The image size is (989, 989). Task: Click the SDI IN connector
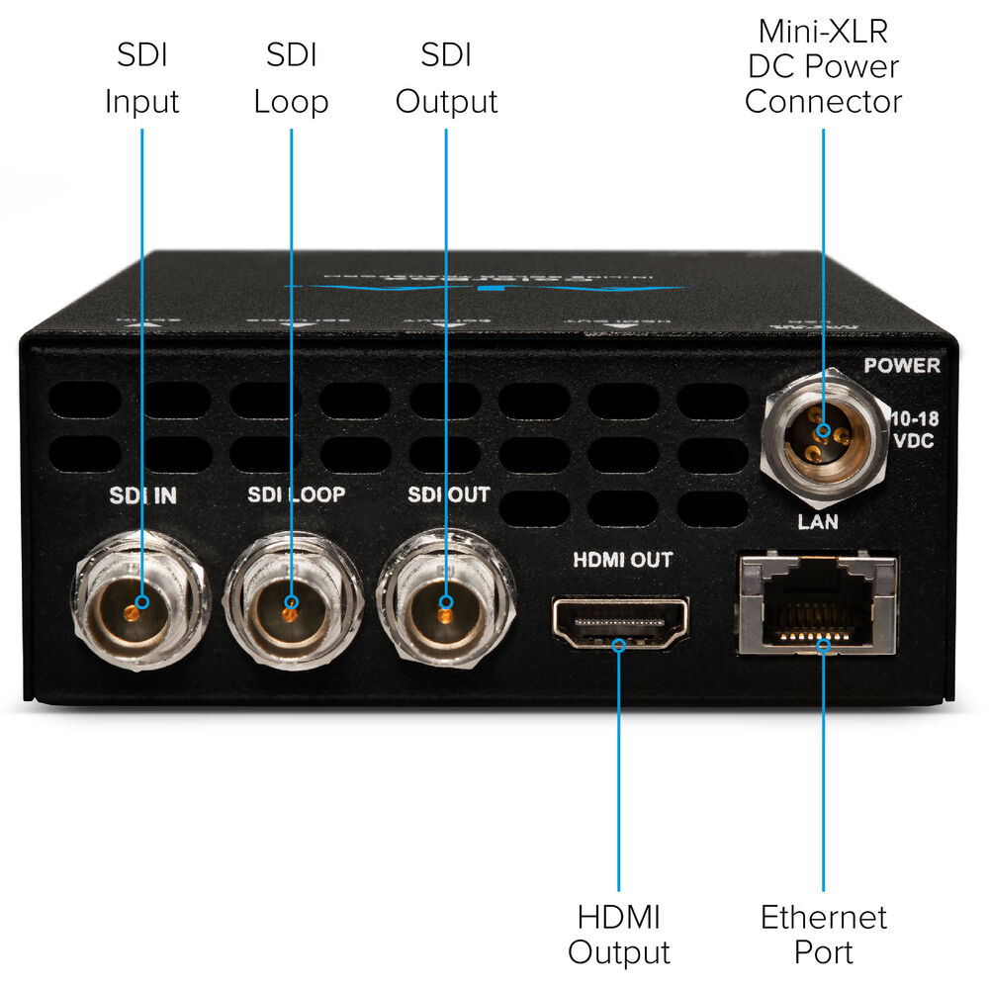coord(140,600)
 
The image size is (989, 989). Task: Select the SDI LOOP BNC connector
coord(292,600)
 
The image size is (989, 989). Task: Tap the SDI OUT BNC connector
coord(445,600)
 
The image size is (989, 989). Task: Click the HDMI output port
coord(620,623)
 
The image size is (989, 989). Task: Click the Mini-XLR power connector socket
coord(823,436)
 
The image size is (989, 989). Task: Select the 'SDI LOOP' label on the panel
coord(296,494)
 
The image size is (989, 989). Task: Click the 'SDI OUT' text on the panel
coord(448,494)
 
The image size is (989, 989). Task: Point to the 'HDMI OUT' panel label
coord(623,560)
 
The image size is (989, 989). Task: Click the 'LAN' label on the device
coord(818,521)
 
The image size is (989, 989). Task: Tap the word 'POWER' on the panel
coord(901,366)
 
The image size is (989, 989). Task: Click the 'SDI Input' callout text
coord(142,78)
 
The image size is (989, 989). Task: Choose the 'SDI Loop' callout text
coord(292,78)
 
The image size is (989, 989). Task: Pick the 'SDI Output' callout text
coord(447,78)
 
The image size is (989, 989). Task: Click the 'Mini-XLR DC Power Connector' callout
coord(823,66)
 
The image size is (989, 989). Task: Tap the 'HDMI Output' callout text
coord(619,934)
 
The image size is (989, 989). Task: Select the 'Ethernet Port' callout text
coord(823,934)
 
